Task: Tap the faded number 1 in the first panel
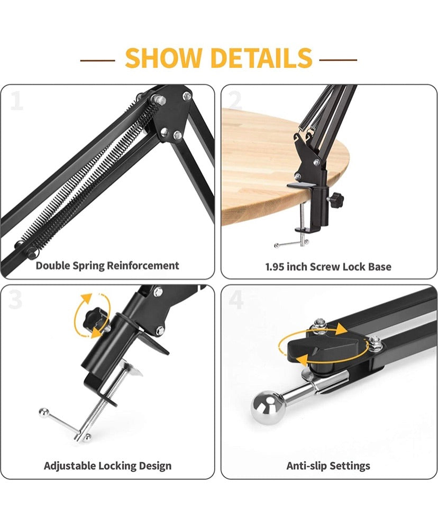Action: (x=16, y=101)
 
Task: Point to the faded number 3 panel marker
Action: (x=15, y=299)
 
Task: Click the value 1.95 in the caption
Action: (x=275, y=266)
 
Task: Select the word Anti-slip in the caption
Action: (x=307, y=466)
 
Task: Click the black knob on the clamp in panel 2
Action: (x=336, y=199)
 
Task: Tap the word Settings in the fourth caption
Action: (x=350, y=466)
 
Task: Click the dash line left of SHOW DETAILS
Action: (x=97, y=60)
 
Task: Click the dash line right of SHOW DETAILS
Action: (x=338, y=60)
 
